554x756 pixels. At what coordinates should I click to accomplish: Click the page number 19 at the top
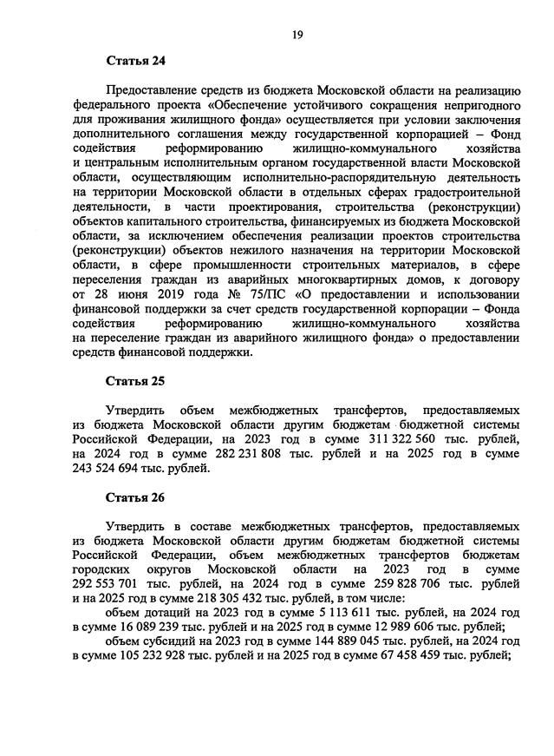pyautogui.click(x=297, y=34)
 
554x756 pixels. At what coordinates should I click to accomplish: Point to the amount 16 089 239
pyautogui.click(x=153, y=627)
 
